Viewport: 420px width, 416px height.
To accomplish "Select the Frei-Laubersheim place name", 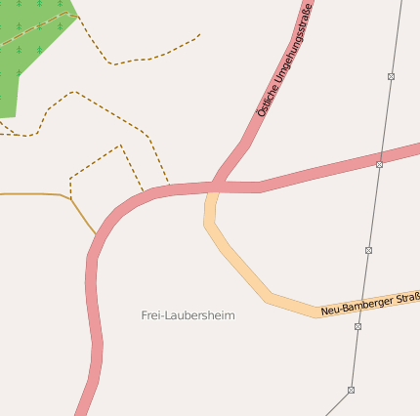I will click(188, 315).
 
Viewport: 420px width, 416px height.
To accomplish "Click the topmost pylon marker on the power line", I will click(391, 76).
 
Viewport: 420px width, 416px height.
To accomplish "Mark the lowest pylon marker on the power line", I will click(351, 390).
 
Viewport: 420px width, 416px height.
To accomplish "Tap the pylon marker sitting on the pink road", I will click(379, 165).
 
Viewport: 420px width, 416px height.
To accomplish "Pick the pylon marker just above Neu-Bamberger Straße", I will click(368, 250).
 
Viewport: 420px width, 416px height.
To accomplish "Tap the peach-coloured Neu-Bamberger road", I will click(244, 274).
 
